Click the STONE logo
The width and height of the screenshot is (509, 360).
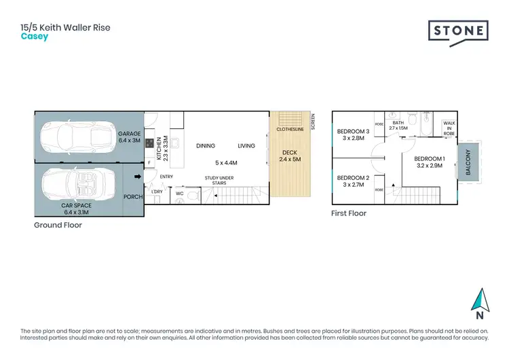tap(458, 31)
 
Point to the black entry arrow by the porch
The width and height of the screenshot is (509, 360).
tap(138, 178)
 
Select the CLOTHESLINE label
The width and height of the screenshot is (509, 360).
tap(290, 128)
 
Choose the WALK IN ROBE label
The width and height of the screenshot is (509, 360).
tap(449, 129)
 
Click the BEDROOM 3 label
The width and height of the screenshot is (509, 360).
tap(352, 134)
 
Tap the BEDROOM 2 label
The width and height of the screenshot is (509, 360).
tap(352, 181)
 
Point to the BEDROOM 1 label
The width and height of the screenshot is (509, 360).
tap(429, 162)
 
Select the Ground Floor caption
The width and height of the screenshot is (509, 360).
tap(58, 225)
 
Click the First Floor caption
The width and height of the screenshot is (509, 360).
tap(349, 213)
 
